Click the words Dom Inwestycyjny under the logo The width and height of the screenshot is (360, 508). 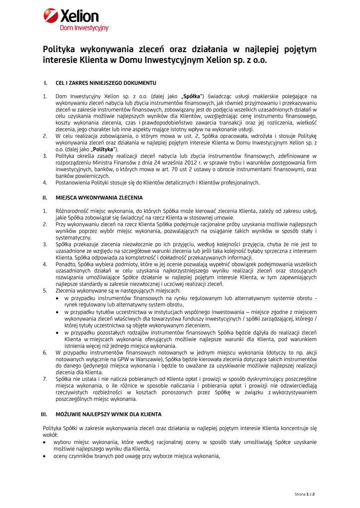pos(84,28)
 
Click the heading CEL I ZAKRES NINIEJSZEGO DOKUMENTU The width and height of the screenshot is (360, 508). pos(106,82)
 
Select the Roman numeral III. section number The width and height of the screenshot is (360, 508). pos(45,413)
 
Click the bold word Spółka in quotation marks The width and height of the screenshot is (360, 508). pos(192,96)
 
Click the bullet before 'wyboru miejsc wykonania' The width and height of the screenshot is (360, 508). pos(45,442)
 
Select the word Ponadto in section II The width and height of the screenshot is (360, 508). pos(66,264)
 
